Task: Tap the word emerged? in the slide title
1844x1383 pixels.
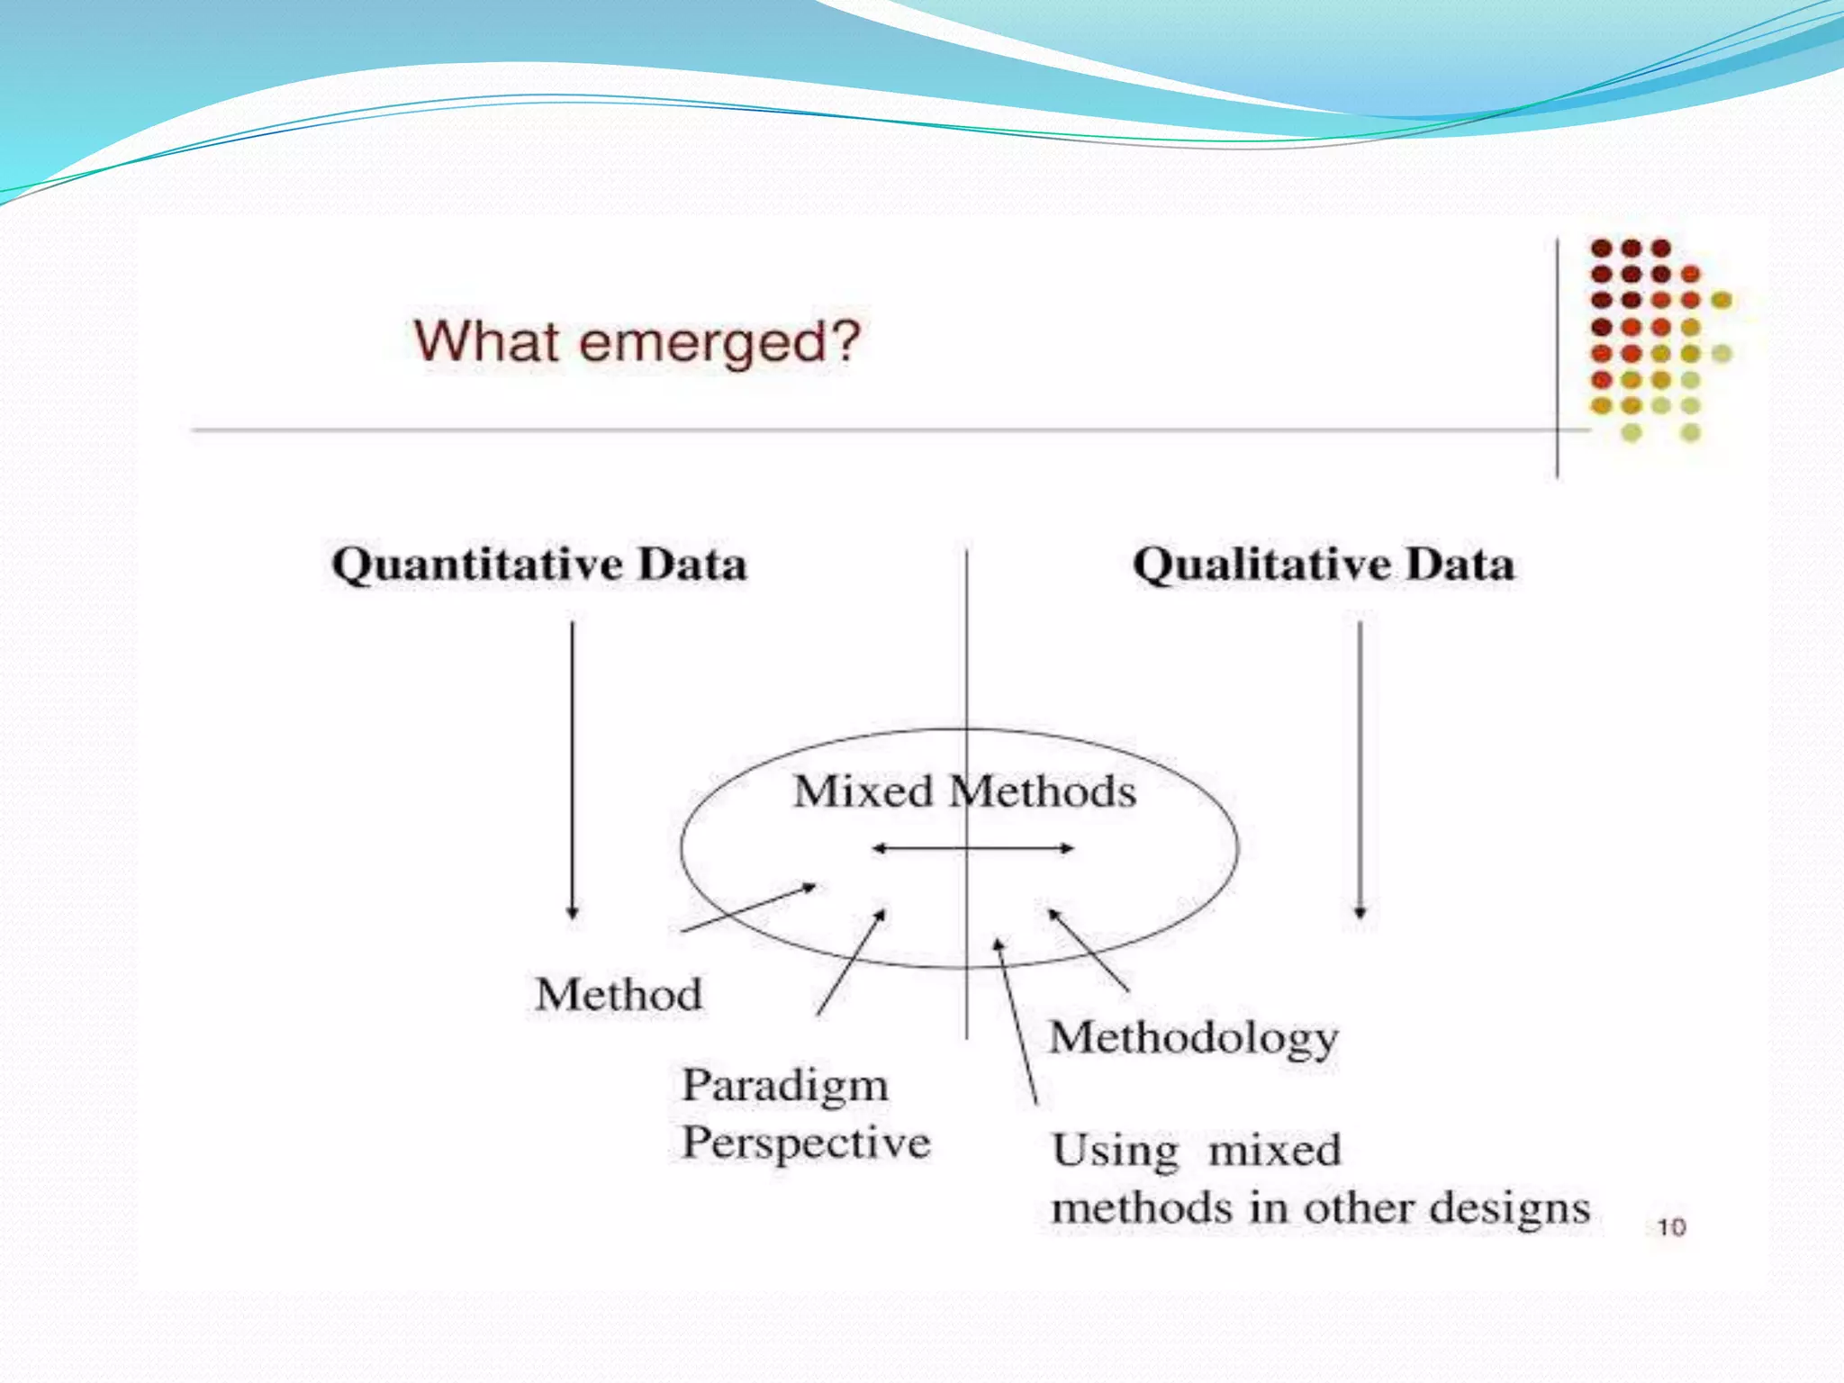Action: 720,343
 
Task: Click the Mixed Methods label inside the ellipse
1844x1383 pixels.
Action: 963,791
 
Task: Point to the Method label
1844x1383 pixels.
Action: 619,995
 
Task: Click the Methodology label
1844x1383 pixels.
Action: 1193,1038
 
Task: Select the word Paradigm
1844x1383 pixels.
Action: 784,1086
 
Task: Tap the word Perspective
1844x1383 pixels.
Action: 806,1143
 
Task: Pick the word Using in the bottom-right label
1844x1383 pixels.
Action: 1115,1152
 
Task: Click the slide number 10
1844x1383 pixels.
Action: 1671,1227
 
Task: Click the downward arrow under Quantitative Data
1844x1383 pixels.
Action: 572,770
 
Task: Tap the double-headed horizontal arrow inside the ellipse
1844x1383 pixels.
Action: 972,848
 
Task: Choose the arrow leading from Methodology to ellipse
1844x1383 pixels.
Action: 1089,951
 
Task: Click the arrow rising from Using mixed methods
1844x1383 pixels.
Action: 1016,1022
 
